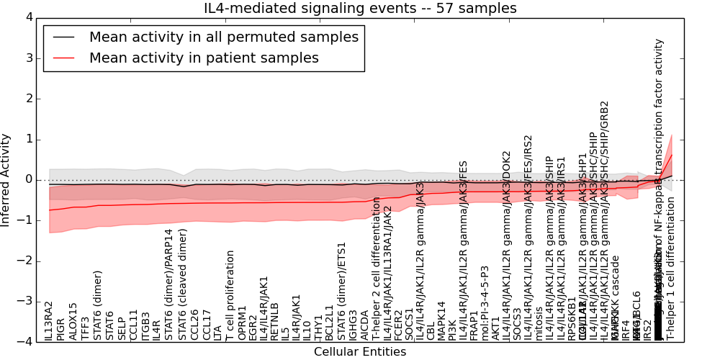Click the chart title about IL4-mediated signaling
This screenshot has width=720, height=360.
click(x=361, y=9)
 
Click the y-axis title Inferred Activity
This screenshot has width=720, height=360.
click(x=6, y=179)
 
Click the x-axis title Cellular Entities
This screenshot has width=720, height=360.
click(x=360, y=352)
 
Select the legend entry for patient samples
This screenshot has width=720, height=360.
click(x=204, y=58)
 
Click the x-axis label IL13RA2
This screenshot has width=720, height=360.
click(x=49, y=321)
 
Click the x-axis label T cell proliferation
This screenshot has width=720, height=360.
click(x=231, y=295)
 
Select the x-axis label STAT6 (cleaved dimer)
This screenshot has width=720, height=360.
click(x=183, y=284)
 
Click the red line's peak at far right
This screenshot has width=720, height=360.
click(x=671, y=155)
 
